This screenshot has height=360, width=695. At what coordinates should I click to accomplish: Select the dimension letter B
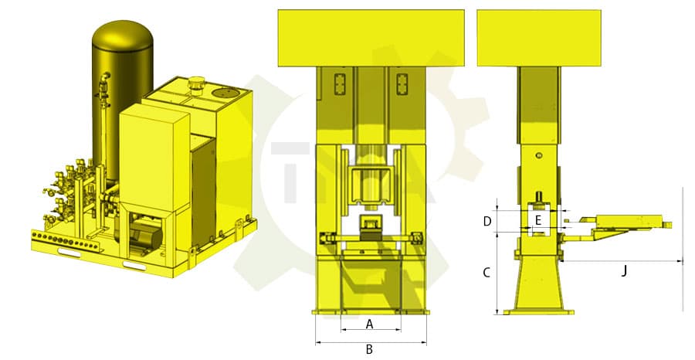click(369, 349)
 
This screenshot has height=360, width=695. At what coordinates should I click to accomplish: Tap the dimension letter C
click(486, 273)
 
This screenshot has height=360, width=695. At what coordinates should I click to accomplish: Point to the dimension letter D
click(486, 221)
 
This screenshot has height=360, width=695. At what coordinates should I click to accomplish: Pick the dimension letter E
click(538, 220)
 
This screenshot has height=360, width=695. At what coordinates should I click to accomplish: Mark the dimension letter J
click(623, 270)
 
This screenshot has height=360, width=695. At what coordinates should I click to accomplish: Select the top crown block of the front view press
click(369, 37)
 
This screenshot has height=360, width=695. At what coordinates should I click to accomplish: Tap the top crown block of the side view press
click(538, 37)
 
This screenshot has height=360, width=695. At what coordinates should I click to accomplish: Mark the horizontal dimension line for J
click(622, 261)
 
